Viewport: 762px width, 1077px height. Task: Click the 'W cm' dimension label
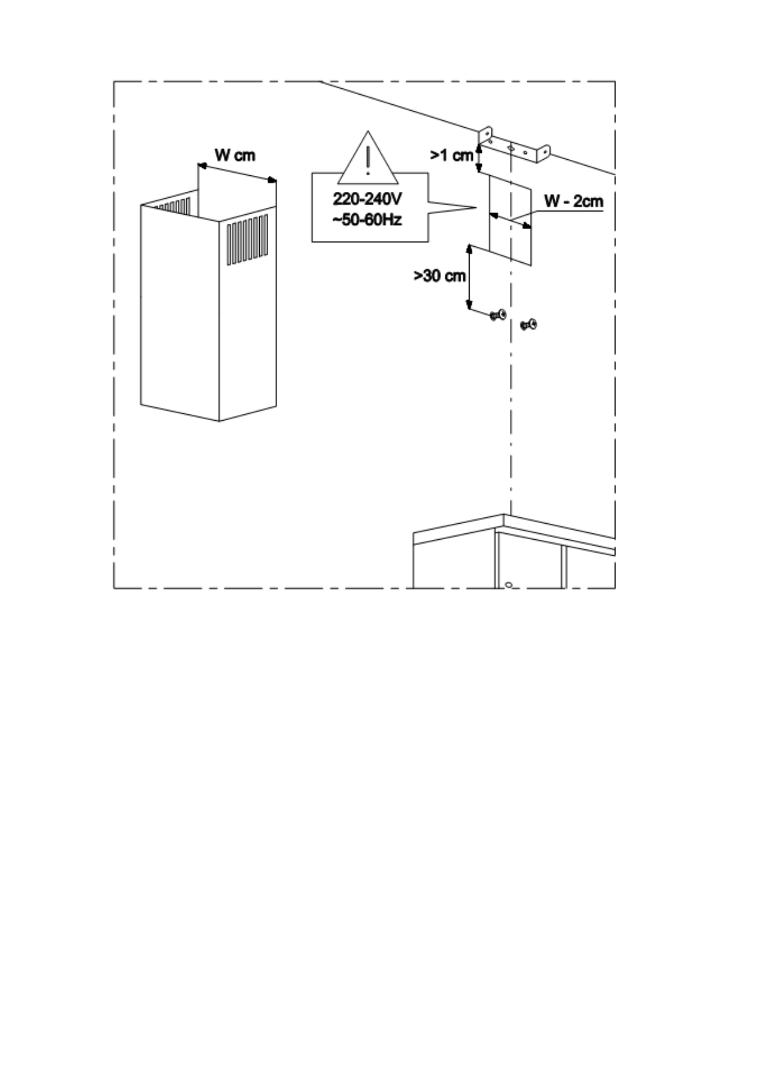point(234,155)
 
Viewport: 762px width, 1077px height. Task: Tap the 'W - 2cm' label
point(573,201)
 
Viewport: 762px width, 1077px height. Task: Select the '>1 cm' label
point(451,155)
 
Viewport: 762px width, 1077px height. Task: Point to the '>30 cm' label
point(439,276)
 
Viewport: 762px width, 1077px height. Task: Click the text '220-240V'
point(367,199)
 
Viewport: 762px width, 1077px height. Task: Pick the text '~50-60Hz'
point(367,220)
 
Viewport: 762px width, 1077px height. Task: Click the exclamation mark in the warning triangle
point(368,161)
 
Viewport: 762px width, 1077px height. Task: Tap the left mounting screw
point(497,315)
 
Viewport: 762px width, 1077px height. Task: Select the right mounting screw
point(529,325)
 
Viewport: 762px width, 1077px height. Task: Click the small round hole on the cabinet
point(508,584)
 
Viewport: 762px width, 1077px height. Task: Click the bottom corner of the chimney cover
point(219,421)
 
